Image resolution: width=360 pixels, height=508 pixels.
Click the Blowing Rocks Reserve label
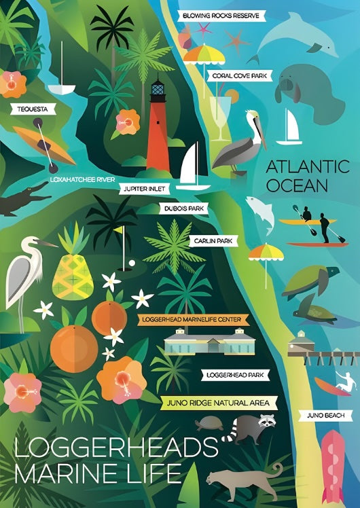point(222,16)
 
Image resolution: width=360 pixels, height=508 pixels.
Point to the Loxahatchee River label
point(82,179)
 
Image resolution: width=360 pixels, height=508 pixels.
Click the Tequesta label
point(27,108)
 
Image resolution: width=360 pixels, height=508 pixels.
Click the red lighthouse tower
point(158,132)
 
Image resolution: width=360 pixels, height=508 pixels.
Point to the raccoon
point(250,429)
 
